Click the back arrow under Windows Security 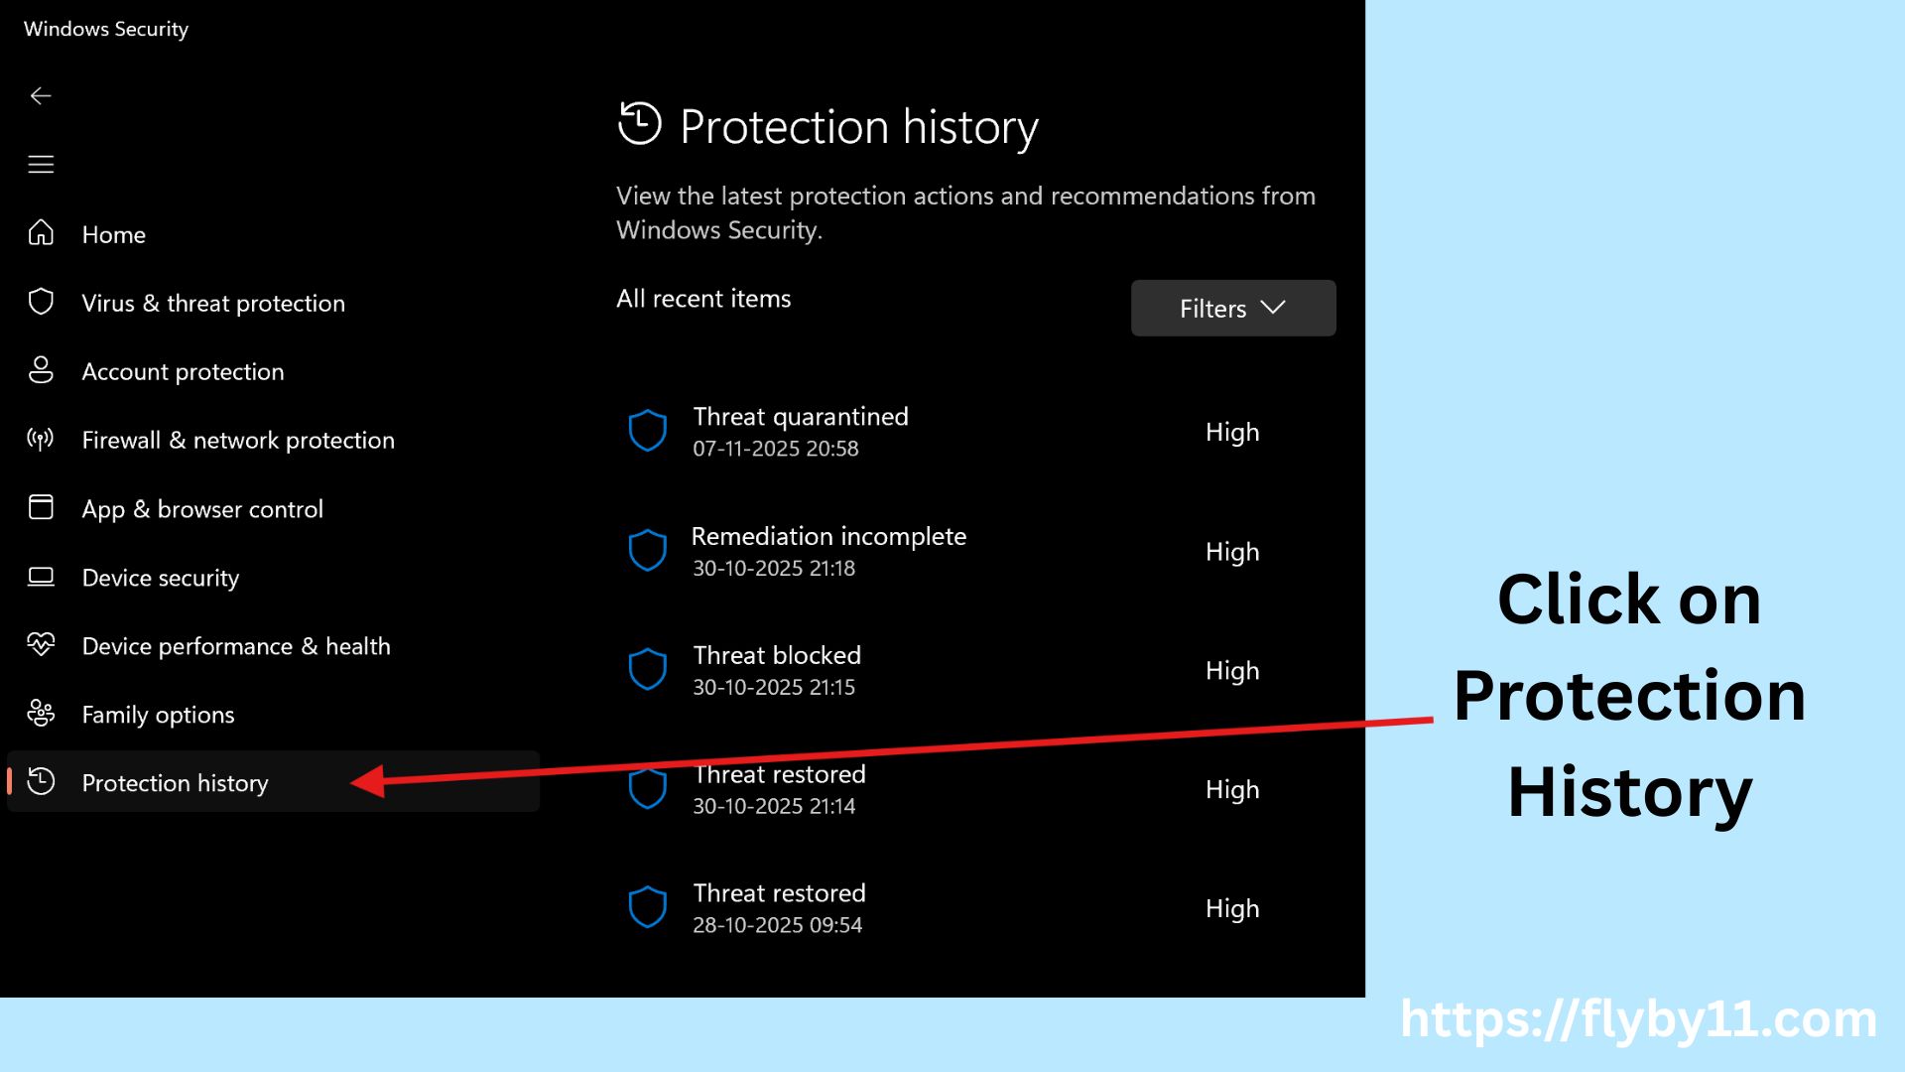tap(41, 96)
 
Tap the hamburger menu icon tap(41, 165)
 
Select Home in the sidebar tap(113, 235)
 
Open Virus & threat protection tap(212, 304)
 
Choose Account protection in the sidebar tap(183, 372)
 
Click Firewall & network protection tap(237, 441)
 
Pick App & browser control tap(201, 509)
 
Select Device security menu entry tap(160, 578)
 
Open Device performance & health tap(235, 646)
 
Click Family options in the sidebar tap(158, 715)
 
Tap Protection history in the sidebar tap(175, 783)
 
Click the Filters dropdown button tap(1232, 309)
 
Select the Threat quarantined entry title tap(800, 417)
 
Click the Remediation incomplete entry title tap(828, 537)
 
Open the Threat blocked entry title tap(777, 656)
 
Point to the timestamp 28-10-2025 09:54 tap(777, 925)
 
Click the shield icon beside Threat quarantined tap(647, 432)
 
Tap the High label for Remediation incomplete tap(1231, 552)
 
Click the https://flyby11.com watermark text tap(1638, 1019)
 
